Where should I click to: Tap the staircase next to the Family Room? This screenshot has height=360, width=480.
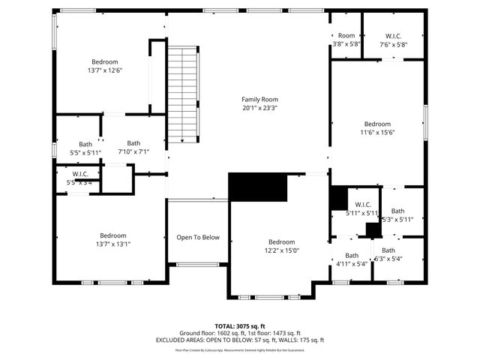click(x=182, y=94)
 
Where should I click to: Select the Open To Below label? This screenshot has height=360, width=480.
click(x=198, y=238)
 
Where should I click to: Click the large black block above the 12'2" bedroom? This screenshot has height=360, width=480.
click(x=258, y=187)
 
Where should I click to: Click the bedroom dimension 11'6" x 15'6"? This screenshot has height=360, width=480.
click(x=377, y=133)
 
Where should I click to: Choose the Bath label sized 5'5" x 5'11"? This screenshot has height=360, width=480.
click(x=85, y=144)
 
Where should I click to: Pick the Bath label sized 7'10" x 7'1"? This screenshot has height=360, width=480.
click(x=133, y=143)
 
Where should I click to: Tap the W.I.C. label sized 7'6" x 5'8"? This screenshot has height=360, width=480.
click(x=393, y=36)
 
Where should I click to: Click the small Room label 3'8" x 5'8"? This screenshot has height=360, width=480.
click(x=346, y=35)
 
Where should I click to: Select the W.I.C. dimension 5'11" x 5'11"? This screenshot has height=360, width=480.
click(x=362, y=213)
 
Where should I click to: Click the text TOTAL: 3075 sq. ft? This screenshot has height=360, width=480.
click(x=240, y=326)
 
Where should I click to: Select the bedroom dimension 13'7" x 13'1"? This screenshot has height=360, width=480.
click(x=113, y=244)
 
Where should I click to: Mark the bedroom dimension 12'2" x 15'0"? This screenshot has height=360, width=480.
click(x=281, y=251)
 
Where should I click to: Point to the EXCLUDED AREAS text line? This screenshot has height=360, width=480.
click(x=240, y=340)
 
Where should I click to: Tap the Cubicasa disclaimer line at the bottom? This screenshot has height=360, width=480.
click(x=240, y=349)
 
